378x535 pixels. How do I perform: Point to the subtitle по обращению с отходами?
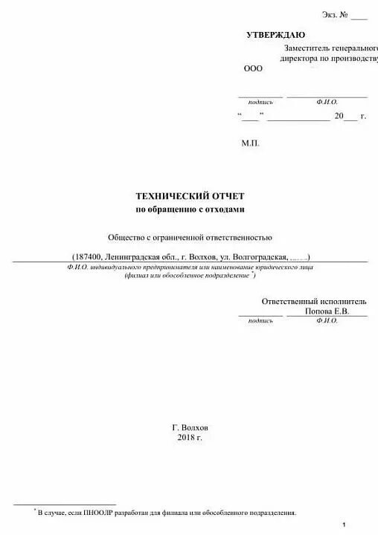189,210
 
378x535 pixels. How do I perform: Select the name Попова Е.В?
327,312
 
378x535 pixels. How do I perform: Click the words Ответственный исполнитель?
314,302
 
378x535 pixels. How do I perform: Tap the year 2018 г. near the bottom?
190,438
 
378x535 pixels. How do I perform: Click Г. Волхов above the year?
190,428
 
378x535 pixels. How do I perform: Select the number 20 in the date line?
339,116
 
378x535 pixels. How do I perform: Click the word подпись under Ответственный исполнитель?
260,321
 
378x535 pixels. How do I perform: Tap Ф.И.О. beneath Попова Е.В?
327,321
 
